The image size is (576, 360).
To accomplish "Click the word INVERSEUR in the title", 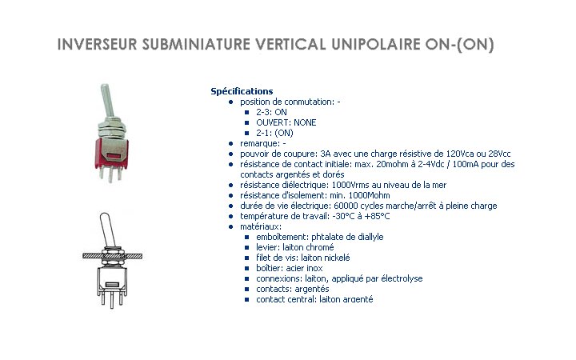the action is pos(97,44).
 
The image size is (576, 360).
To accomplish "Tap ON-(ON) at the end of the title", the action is pos(459,45).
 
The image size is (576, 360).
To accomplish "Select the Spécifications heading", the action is pos(242,91).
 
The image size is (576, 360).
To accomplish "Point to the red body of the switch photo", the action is pos(111,154).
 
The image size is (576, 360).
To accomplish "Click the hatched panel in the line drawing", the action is pos(113,256).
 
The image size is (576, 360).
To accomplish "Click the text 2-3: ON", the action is pos(271,112).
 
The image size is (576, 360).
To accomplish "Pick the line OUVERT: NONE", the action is pos(286,122).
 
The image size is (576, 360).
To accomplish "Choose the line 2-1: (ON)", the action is pos(274,133).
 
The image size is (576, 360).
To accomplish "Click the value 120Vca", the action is pos(459,154).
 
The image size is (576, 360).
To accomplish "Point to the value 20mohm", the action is pos(391,164).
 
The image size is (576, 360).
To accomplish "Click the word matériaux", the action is pos(261,226).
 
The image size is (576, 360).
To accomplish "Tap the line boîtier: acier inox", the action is pos(290,268).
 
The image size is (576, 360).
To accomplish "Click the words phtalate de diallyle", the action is pos(347,237).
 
